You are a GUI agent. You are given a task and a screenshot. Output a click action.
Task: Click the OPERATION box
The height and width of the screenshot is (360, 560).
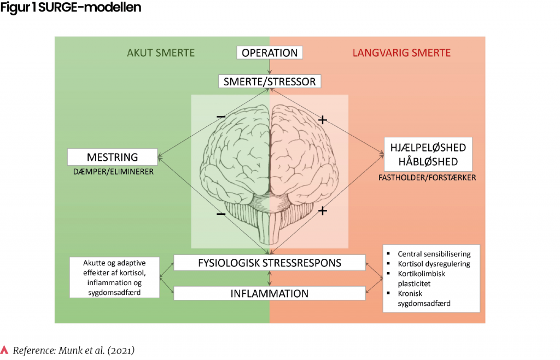270,53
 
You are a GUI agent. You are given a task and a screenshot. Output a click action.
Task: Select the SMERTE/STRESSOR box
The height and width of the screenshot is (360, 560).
270,82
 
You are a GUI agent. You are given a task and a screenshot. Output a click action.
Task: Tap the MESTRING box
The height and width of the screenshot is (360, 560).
113,157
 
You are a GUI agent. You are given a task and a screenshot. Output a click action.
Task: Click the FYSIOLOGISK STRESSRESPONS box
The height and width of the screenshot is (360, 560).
270,263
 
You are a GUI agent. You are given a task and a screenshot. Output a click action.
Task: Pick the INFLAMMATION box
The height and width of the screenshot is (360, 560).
270,293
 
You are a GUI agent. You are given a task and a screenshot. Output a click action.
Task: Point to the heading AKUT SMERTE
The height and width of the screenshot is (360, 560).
161,53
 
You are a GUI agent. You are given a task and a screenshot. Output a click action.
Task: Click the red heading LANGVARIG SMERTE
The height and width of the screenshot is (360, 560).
401,53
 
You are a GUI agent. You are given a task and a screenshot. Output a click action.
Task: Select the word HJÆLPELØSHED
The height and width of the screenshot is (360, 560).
428,148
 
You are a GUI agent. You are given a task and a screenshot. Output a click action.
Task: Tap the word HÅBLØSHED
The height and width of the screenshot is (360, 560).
428,162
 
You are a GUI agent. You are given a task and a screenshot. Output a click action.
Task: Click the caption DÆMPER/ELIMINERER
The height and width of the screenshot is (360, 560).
113,171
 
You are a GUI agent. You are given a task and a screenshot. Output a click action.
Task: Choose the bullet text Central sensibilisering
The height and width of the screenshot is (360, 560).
434,254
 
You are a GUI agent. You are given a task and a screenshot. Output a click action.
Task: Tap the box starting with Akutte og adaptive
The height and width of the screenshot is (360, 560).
114,277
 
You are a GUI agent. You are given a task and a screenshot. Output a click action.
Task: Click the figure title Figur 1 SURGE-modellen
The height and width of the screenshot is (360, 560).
71,8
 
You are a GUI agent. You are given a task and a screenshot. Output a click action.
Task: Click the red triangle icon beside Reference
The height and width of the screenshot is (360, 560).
5,350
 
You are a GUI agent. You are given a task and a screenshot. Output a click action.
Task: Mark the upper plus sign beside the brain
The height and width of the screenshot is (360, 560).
323,119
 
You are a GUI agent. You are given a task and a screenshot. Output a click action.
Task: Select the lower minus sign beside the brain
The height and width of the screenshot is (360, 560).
220,214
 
